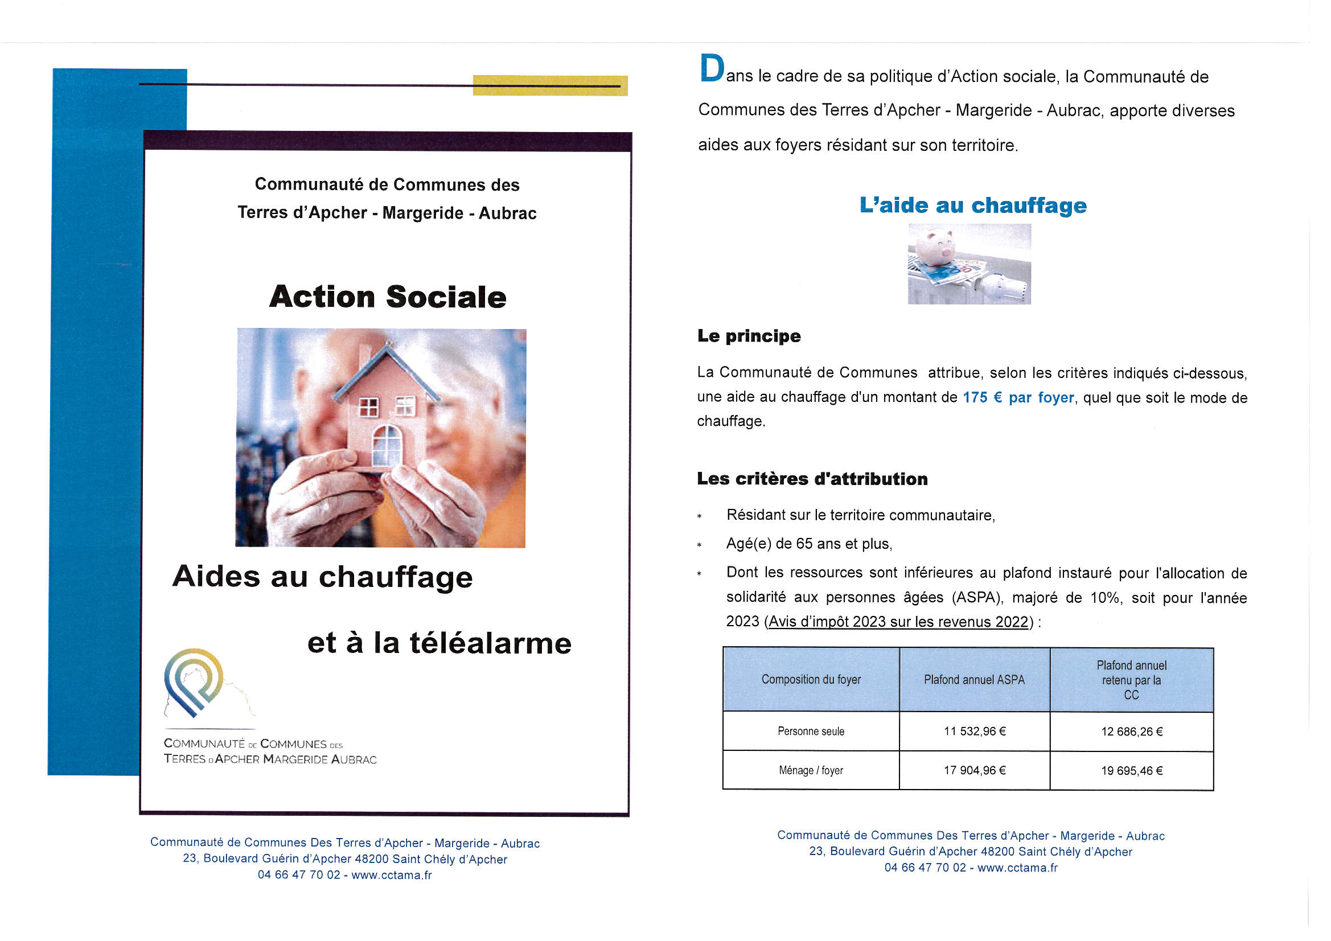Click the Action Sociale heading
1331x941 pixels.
click(387, 297)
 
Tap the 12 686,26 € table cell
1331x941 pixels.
click(1132, 732)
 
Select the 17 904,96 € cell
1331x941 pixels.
click(975, 771)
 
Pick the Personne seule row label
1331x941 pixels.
click(811, 732)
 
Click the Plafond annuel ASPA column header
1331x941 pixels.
click(974, 680)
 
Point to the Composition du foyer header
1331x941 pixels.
click(811, 680)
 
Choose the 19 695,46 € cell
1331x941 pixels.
click(1132, 771)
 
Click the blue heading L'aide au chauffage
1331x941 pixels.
click(973, 206)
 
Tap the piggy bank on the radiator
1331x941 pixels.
click(939, 246)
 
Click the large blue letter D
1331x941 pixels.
click(712, 68)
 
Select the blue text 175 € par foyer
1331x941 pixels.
click(1018, 398)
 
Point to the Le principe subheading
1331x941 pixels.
click(749, 336)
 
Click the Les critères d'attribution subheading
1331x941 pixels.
click(812, 479)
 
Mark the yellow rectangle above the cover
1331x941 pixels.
click(549, 85)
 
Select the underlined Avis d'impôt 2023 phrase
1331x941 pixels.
click(898, 622)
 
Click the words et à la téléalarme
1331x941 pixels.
click(439, 643)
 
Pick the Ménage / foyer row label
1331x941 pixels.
click(811, 771)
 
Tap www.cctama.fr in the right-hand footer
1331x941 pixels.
click(1017, 868)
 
